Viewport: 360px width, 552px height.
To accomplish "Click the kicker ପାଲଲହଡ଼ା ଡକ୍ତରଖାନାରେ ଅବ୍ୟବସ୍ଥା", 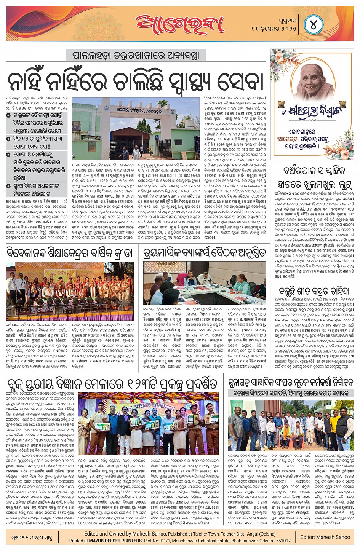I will (136, 55).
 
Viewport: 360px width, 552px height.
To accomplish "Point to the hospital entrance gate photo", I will (136, 129).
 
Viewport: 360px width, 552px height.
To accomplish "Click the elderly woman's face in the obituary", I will (312, 77).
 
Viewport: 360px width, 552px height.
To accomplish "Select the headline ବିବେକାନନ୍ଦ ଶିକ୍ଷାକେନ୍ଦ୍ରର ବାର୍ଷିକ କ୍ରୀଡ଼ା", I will (69, 253).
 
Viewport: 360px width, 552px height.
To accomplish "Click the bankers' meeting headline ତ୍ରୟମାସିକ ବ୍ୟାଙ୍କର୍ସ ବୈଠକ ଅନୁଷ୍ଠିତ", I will (204, 253).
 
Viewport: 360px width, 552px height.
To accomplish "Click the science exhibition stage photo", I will (149, 424).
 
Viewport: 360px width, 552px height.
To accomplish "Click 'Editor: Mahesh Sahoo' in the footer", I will (325, 537).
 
